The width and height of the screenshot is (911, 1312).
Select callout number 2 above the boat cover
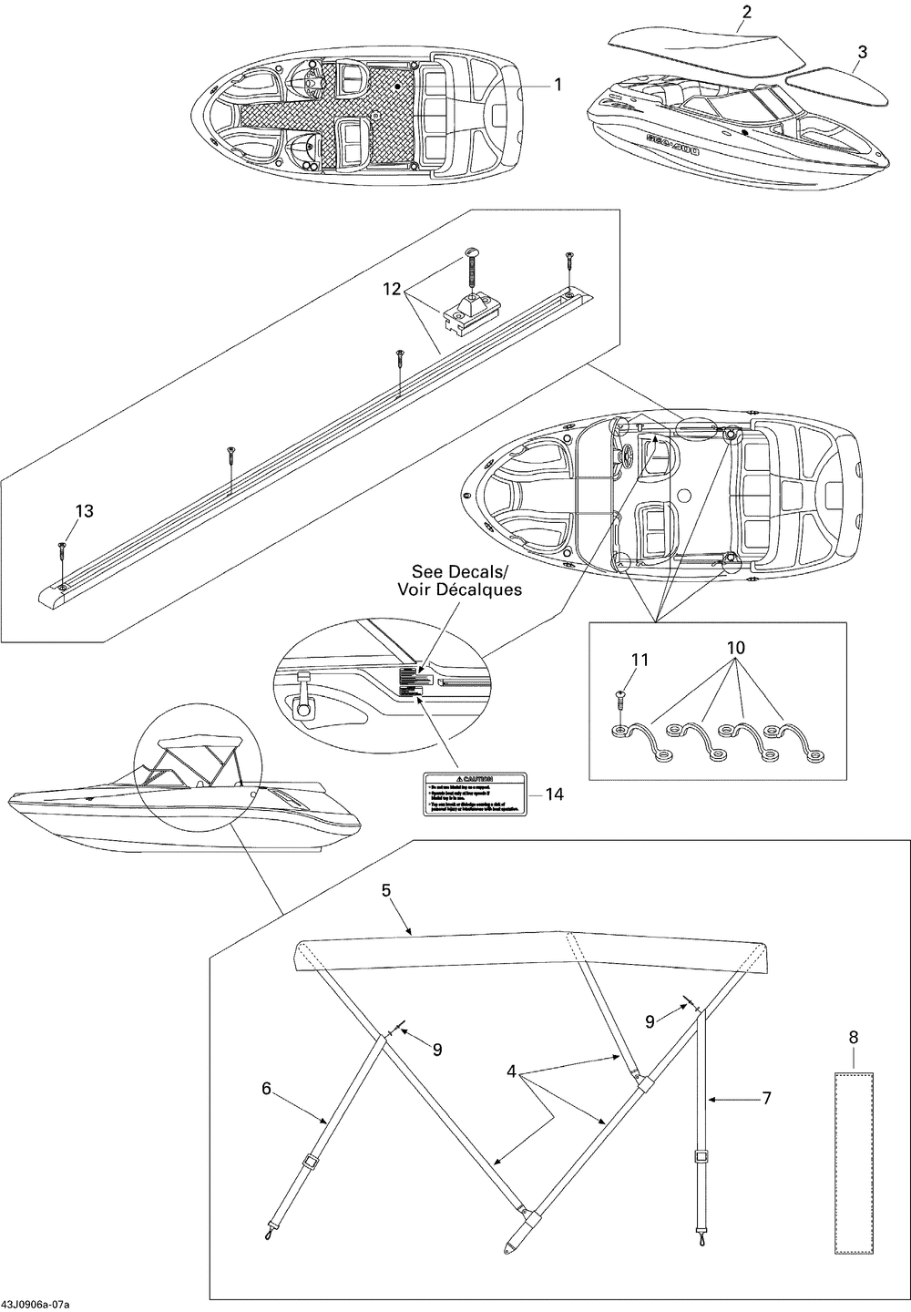click(747, 12)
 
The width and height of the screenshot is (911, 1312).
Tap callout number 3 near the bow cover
click(861, 51)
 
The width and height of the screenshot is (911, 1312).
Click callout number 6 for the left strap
click(266, 1088)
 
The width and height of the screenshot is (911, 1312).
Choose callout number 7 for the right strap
click(766, 1099)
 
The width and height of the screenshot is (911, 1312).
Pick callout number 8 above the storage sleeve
click(853, 1037)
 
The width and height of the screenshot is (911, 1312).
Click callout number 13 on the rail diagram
click(84, 511)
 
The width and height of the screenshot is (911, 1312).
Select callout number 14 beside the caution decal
click(554, 794)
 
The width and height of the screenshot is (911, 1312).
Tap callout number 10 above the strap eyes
click(736, 648)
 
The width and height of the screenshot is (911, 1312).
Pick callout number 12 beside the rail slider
click(393, 289)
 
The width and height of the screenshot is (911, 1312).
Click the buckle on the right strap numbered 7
click(701, 1158)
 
